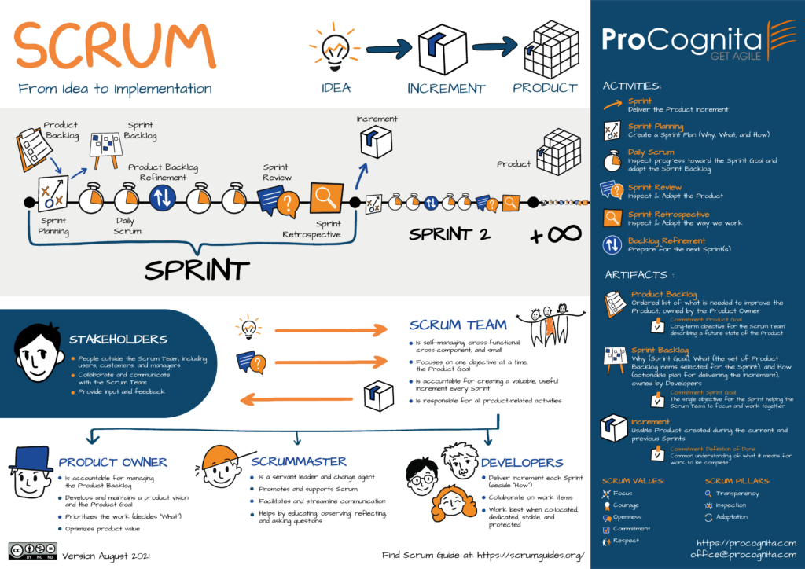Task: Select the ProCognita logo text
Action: click(681, 39)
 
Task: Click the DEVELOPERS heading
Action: click(521, 463)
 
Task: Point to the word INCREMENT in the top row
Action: click(446, 88)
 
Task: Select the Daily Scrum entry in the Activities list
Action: click(651, 152)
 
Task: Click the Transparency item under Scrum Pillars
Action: click(737, 494)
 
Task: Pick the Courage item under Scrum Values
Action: click(626, 505)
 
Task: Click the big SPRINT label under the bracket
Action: click(197, 269)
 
